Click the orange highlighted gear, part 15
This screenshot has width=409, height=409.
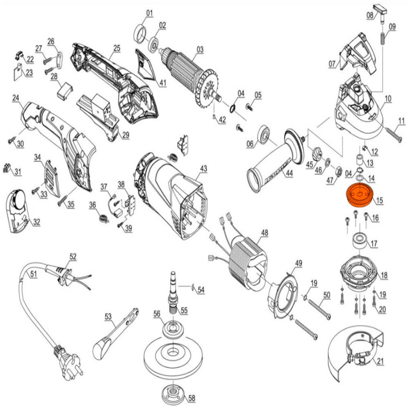[x=360, y=195]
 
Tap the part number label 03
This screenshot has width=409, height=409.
[x=200, y=49]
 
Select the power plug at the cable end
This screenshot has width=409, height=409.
[x=68, y=362]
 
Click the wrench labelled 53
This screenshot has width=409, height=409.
[x=116, y=333]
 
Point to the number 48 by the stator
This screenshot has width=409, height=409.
[x=265, y=233]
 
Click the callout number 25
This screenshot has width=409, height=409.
[x=117, y=48]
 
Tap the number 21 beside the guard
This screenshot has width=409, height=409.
[x=380, y=361]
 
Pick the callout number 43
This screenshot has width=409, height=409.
[x=203, y=169]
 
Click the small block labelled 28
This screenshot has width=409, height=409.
[x=65, y=91]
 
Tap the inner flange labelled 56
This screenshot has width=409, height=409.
[x=173, y=329]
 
